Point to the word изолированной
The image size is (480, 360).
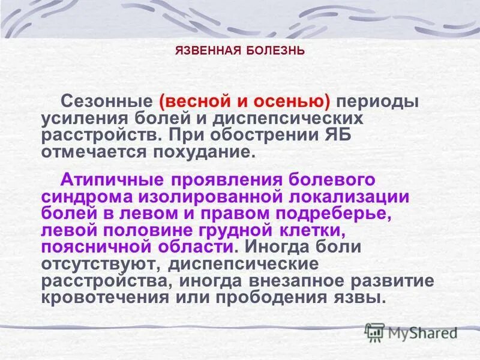click(214, 197)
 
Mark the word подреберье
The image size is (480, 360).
click(356, 214)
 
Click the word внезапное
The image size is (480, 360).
click(296, 281)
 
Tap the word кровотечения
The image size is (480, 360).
click(103, 298)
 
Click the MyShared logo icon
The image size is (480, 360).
click(375, 331)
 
